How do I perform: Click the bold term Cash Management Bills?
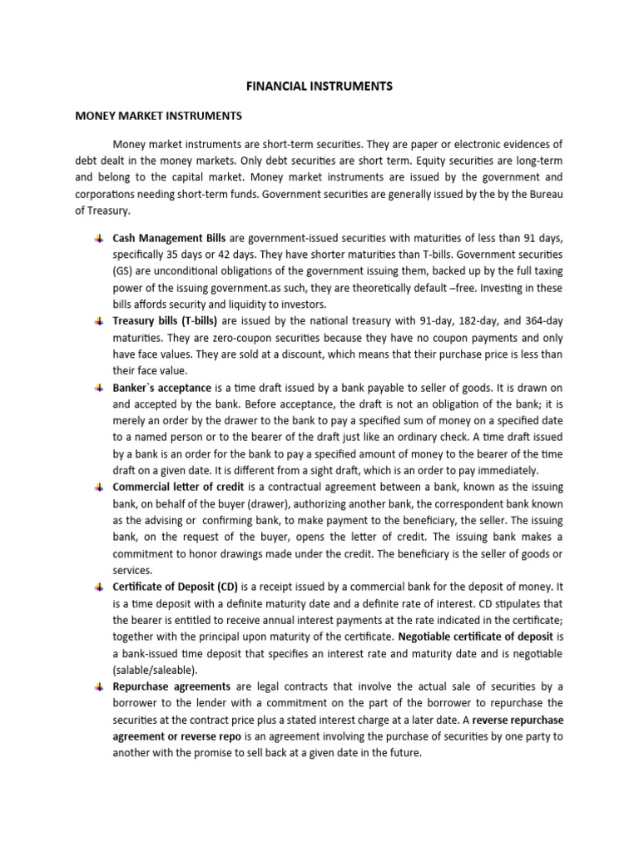[169, 238]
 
